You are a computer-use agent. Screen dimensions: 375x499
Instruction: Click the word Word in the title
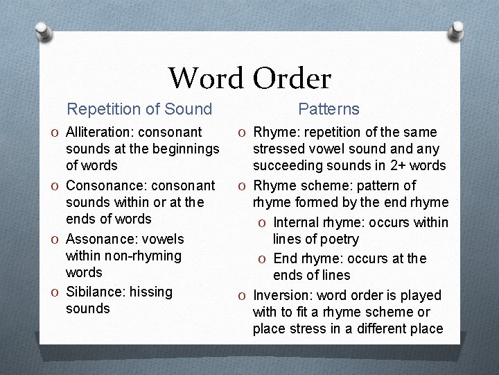tap(206, 78)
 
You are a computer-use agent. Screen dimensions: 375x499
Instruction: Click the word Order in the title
tap(292, 78)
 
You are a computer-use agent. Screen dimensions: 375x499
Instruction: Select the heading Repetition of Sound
tap(139, 109)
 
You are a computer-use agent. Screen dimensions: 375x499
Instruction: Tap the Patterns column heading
tap(329, 109)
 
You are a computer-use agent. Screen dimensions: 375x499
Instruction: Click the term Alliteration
tap(98, 132)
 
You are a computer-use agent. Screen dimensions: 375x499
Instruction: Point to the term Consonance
tap(100, 185)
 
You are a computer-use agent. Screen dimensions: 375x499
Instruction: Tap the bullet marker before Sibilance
tap(55, 292)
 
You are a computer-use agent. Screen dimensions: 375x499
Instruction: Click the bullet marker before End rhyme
tap(263, 259)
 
